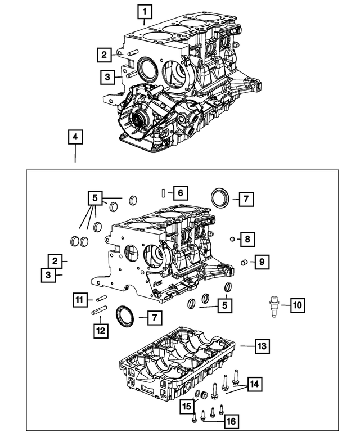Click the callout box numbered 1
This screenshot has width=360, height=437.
point(145,11)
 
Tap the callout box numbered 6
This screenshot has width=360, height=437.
point(179,193)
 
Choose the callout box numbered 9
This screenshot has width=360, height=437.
point(259,261)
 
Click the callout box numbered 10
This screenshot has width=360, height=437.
point(296,305)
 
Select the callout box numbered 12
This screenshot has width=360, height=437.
point(100,331)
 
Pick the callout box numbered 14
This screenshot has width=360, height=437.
point(255,385)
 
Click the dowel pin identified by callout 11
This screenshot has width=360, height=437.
point(101,298)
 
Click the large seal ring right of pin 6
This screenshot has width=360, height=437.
point(218,199)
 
